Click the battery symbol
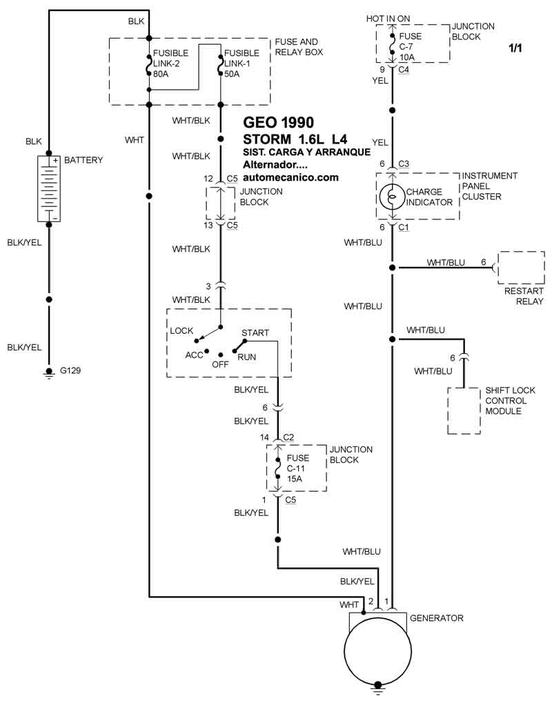tap(49, 188)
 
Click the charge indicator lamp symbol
tap(392, 197)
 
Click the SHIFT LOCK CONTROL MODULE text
tap(506, 401)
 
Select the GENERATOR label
tap(436, 618)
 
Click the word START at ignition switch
tap(255, 332)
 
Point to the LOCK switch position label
tap(181, 331)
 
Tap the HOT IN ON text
tap(388, 18)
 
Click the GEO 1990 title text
tap(278, 123)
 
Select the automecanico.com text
tap(290, 177)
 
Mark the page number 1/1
tap(515, 48)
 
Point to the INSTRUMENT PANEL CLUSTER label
tap(489, 186)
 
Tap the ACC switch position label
tap(194, 355)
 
